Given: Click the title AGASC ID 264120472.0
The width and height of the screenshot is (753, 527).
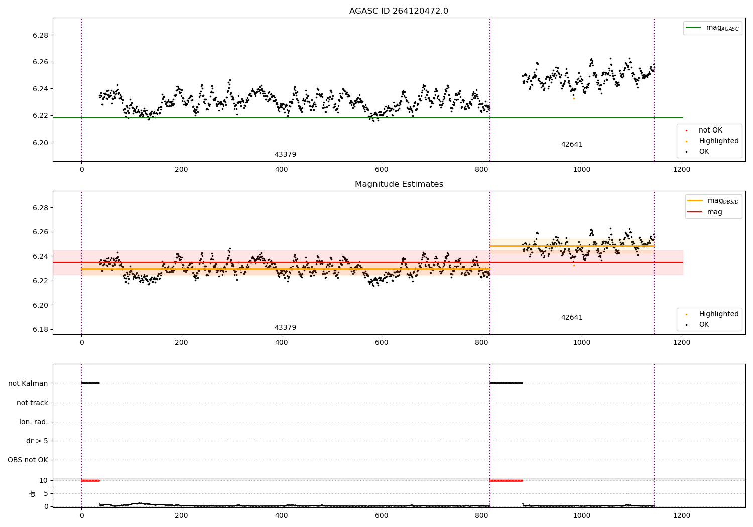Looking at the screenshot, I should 399,11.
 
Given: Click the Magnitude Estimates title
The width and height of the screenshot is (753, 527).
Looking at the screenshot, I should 399,184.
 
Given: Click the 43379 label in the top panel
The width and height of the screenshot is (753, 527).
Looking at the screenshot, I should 285,155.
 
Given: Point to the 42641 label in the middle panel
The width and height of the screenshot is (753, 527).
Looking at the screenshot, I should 572,318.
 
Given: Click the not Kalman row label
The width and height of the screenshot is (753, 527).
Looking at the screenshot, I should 28,383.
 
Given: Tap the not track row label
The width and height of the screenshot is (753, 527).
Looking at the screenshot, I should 32,403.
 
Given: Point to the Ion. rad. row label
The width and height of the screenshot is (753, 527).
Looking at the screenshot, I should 34,422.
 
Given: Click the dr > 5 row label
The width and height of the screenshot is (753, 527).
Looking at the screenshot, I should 37,441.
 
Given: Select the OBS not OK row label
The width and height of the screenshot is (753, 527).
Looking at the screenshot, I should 28,460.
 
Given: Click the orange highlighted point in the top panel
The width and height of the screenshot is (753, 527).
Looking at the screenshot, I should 574,98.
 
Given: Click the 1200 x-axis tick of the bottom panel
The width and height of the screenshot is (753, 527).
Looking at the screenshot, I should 682,515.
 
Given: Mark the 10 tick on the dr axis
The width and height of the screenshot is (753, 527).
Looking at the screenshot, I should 43,480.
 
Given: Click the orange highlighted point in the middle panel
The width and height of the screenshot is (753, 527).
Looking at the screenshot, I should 574,265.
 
